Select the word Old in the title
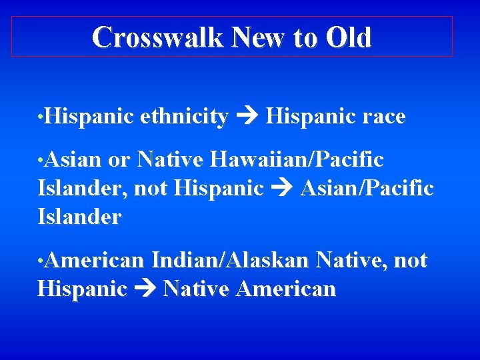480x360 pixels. [x=349, y=37]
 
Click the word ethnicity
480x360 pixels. [x=184, y=117]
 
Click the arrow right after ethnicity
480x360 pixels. [x=246, y=117]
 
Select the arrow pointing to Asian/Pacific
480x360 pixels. [x=281, y=189]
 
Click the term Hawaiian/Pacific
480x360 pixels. [x=297, y=160]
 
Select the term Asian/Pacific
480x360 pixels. [x=367, y=189]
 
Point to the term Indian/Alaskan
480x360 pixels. [x=230, y=260]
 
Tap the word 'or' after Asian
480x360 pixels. [x=119, y=161]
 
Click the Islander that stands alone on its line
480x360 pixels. [x=79, y=217]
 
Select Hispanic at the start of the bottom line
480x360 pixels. [x=82, y=289]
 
